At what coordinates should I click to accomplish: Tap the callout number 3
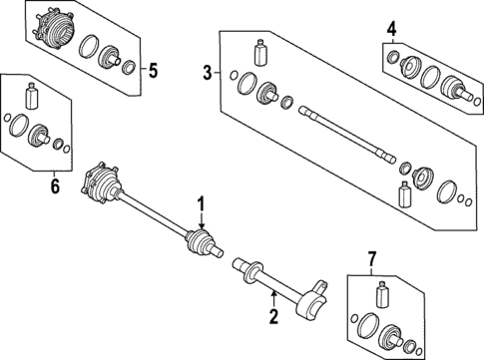click(208, 72)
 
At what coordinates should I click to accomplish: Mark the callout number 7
click(371, 261)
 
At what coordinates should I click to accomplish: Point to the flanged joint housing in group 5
click(50, 27)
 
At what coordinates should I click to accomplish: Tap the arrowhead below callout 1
click(202, 228)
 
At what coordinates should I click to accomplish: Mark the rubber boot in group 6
click(41, 135)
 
